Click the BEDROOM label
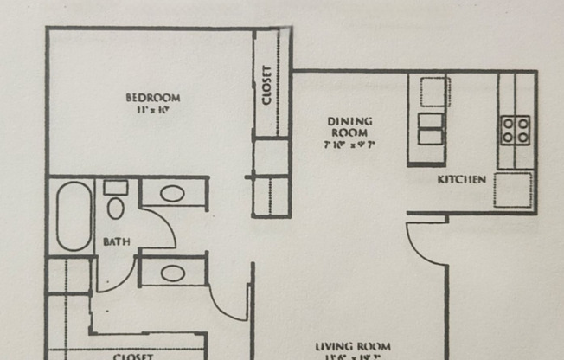152,97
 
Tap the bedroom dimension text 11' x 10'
152,110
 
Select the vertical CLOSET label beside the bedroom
267,85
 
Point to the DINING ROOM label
349,126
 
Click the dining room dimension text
349,145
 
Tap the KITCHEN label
462,179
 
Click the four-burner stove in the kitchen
516,130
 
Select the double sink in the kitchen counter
431,129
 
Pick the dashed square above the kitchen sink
435,91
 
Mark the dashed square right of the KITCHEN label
512,190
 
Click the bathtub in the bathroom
74,215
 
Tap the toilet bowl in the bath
116,208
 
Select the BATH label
117,242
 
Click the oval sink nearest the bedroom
172,193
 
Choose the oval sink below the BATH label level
172,272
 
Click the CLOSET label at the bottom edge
133,356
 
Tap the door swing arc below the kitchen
425,245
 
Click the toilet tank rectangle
115,187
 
